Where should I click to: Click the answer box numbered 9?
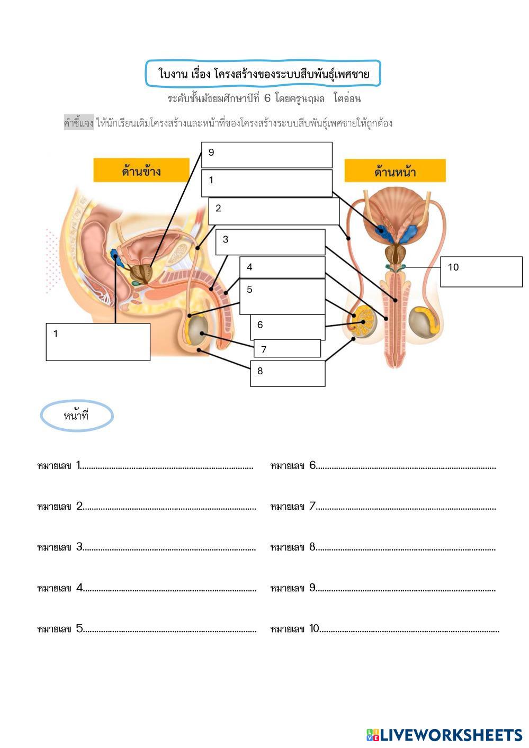(266, 155)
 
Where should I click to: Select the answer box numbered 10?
(481, 272)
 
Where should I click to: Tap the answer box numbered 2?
(274, 211)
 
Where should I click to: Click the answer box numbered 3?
(270, 242)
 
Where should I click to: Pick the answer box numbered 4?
(282, 267)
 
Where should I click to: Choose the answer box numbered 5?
(282, 296)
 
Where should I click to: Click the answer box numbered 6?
(288, 327)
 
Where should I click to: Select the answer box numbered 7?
(288, 348)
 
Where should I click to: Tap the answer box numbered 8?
(288, 374)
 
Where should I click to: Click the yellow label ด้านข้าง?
(141, 170)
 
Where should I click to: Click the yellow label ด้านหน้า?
(395, 172)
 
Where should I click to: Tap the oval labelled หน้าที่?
(77, 416)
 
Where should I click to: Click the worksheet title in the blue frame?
(263, 74)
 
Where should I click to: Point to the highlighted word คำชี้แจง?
(79, 123)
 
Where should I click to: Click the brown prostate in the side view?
(141, 272)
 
